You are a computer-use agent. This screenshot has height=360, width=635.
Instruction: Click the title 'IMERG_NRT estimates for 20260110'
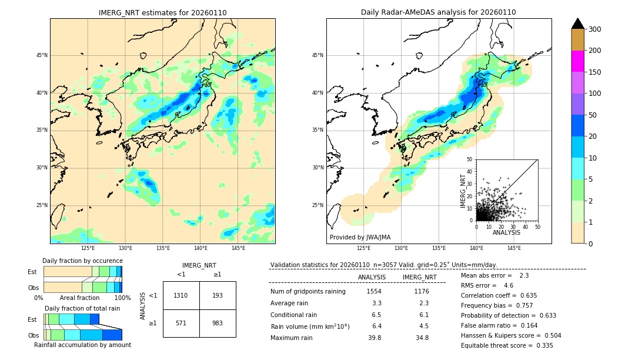click(162, 12)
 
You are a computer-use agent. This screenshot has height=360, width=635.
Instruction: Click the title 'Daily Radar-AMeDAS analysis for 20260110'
click(439, 12)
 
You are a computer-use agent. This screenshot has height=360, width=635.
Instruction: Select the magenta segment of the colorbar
click(578, 61)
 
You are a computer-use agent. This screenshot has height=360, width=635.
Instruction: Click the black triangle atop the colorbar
click(578, 24)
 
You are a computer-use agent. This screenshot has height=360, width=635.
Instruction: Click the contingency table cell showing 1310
click(181, 295)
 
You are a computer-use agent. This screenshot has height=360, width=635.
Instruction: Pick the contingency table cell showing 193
click(218, 295)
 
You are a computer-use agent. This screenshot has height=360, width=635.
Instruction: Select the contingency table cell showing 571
click(181, 323)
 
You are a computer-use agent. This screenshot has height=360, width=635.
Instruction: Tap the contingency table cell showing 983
click(218, 323)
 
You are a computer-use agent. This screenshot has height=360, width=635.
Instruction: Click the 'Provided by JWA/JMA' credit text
click(360, 238)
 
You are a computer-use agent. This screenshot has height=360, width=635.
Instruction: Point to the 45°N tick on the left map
click(42, 55)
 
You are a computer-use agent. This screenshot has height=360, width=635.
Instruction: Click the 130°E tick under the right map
click(401, 249)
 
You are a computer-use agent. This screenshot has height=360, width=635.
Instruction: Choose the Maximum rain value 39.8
click(375, 338)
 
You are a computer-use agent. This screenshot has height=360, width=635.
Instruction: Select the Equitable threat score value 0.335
click(540, 345)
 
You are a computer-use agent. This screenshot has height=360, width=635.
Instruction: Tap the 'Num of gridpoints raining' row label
click(308, 292)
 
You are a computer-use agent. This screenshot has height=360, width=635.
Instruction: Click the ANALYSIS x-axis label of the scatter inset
click(506, 233)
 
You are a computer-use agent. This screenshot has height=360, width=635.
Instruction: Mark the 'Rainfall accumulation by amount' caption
click(82, 345)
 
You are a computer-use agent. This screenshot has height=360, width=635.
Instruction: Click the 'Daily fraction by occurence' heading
click(82, 261)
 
